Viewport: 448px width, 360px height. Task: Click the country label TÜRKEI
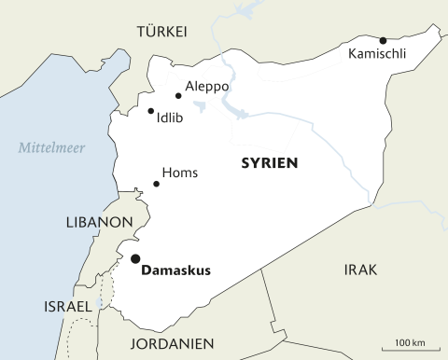click(162, 31)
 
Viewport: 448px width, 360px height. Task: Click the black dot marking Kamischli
click(383, 40)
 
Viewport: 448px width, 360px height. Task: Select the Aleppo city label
click(206, 86)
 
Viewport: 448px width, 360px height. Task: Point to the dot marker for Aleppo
click(178, 95)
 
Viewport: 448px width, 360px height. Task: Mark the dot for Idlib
click(150, 111)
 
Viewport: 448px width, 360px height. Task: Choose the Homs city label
click(180, 173)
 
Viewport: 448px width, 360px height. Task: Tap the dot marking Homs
click(156, 184)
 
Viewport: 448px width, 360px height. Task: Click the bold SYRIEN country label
click(269, 162)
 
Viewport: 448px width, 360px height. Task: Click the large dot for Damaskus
click(135, 258)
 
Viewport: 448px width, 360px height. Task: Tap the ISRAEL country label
click(67, 307)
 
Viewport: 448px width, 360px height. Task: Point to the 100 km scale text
click(411, 342)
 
